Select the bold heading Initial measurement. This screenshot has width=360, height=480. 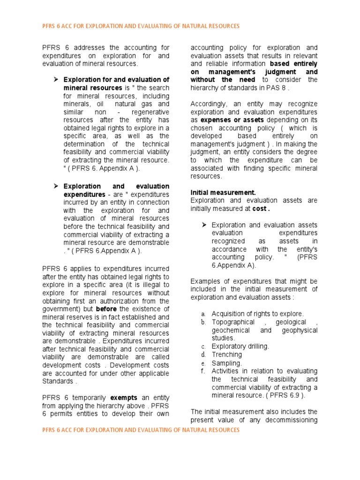click(x=223, y=192)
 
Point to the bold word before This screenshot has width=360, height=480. click(x=106, y=309)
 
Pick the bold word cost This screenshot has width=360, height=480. click(x=260, y=208)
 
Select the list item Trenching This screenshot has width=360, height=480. click(x=227, y=354)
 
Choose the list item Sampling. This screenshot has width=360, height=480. click(x=227, y=363)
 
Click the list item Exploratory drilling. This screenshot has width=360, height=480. click(x=240, y=346)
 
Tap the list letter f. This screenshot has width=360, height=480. click(x=203, y=371)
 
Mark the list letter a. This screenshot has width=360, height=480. click(x=203, y=314)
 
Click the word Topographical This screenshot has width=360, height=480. click(x=233, y=322)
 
